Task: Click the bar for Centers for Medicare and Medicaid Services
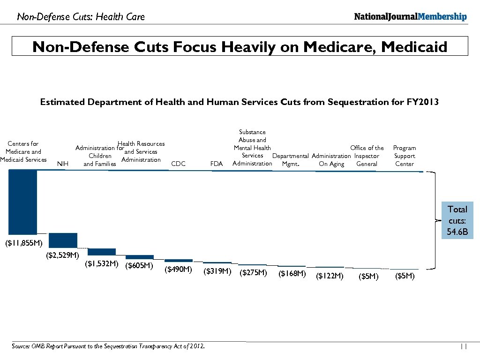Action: click(x=23, y=202)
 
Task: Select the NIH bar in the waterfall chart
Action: click(x=63, y=240)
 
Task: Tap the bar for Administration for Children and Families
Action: click(x=101, y=252)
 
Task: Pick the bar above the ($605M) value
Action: click(x=140, y=257)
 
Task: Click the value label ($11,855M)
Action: click(x=23, y=243)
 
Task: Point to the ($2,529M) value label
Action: click(x=62, y=255)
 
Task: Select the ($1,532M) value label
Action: click(x=101, y=264)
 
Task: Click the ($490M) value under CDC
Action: click(x=178, y=270)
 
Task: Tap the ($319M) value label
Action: click(x=217, y=271)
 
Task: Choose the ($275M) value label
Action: click(x=253, y=272)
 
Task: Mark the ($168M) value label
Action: click(x=292, y=273)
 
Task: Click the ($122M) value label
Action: click(x=330, y=276)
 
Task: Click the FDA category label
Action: click(x=217, y=164)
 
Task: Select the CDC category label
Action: click(x=179, y=164)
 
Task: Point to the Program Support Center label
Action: click(x=404, y=156)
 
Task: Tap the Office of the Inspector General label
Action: click(x=367, y=156)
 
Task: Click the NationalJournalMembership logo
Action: click(x=410, y=17)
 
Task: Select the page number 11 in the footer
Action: click(x=464, y=347)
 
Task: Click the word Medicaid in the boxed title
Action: click(x=414, y=47)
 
